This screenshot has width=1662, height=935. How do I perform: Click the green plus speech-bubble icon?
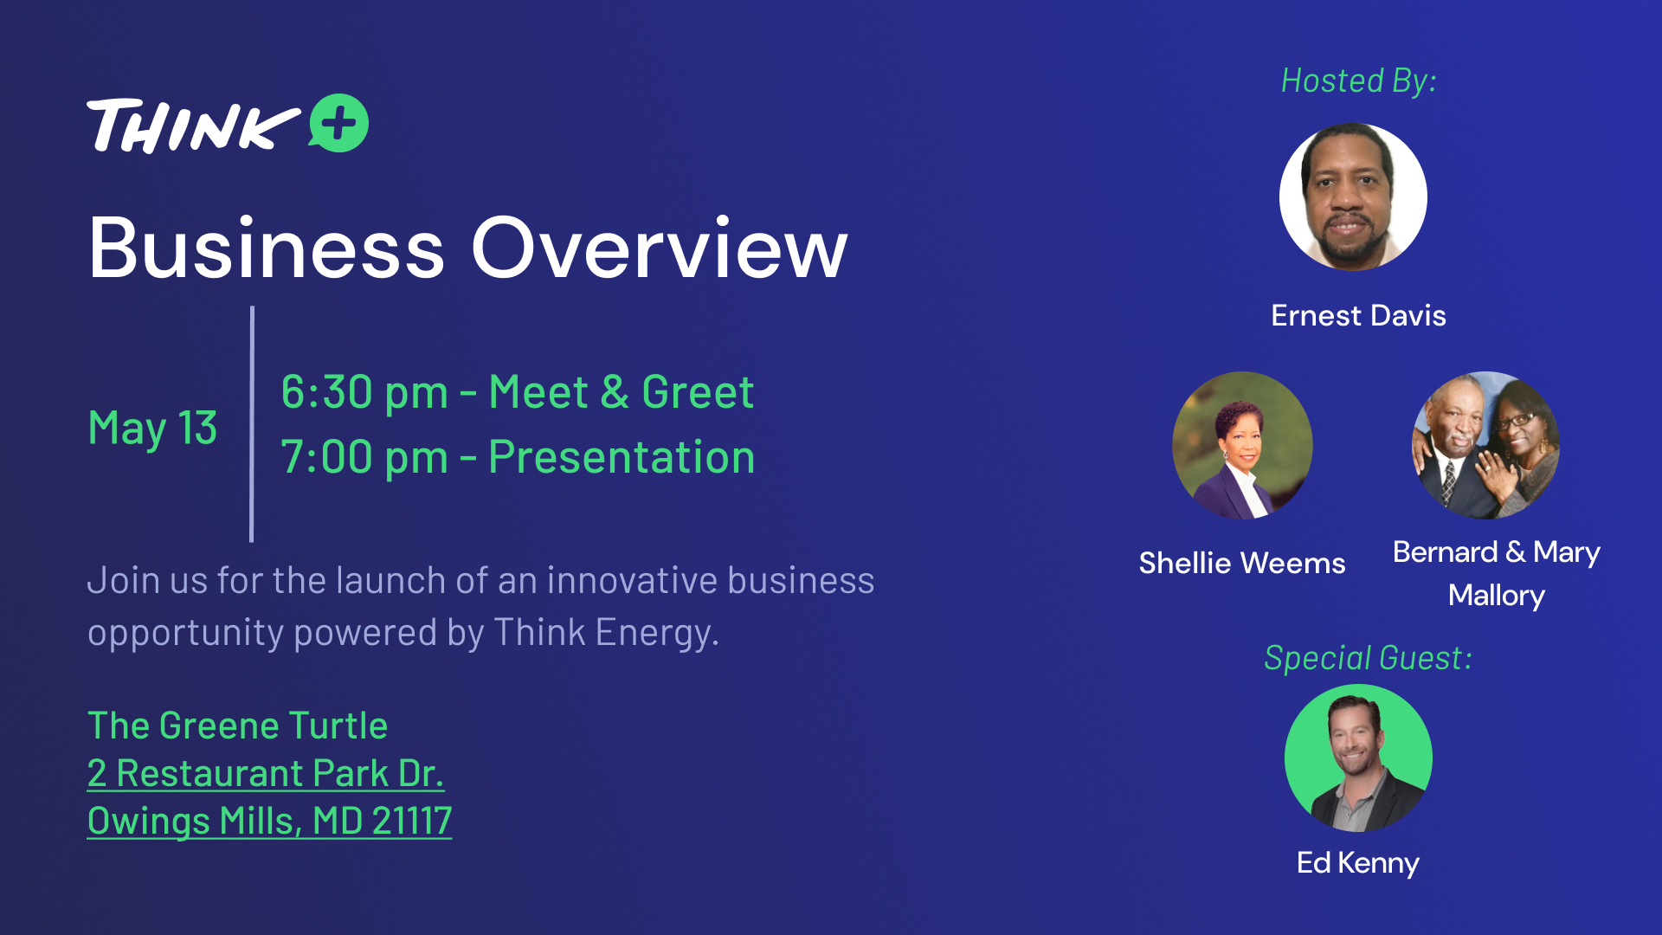click(x=339, y=123)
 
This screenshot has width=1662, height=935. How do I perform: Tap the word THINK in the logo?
click(x=193, y=126)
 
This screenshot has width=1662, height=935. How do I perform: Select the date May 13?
click(x=152, y=428)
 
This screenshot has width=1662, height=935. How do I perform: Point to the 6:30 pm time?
click(x=364, y=392)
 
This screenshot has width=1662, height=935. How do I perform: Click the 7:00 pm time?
click(x=364, y=457)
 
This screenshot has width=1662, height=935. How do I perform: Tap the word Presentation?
click(x=622, y=457)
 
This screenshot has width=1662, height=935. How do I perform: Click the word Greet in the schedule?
click(x=698, y=392)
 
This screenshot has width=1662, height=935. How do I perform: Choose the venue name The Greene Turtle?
click(x=238, y=725)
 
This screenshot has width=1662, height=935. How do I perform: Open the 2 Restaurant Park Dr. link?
click(x=266, y=773)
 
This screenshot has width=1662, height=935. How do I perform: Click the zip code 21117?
click(x=412, y=821)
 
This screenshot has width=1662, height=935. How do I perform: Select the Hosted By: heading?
click(x=1359, y=81)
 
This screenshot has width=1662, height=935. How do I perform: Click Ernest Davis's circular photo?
click(x=1353, y=197)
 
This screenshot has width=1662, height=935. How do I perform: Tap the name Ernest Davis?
click(x=1358, y=315)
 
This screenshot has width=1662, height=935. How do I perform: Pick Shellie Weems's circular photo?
click(x=1242, y=445)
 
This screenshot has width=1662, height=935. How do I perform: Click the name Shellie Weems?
click(x=1242, y=563)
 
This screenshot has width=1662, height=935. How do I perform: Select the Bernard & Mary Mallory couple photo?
click(x=1485, y=445)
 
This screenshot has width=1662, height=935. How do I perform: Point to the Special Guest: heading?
click(x=1368, y=658)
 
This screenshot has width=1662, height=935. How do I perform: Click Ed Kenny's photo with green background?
click(x=1358, y=758)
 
